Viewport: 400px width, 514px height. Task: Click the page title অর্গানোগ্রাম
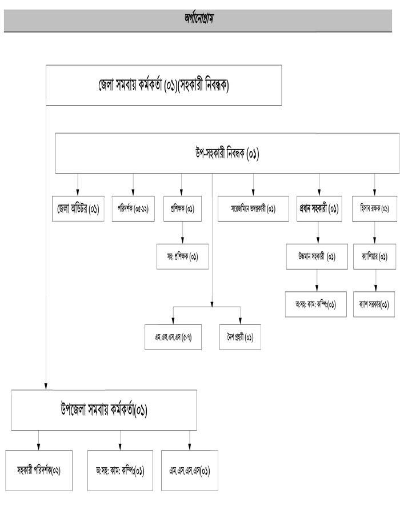199,18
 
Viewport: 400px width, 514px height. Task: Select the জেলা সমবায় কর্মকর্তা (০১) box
163,86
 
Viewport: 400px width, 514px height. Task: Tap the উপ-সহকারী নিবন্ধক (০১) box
227,153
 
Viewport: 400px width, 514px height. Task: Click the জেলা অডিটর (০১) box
78,209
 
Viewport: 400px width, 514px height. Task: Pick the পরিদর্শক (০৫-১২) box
133,209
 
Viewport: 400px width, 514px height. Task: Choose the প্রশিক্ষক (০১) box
182,209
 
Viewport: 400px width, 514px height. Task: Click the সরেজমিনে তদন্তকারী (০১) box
254,209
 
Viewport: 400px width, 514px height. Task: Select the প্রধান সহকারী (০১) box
319,209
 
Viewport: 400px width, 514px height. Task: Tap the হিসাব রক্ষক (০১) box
375,209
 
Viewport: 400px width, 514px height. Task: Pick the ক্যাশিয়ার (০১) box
375,256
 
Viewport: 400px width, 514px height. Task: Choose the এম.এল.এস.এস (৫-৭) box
173,336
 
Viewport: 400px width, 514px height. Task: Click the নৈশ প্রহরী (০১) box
240,336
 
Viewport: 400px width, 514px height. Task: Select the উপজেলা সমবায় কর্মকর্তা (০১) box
104,410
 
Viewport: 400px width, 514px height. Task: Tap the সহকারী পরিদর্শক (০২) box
39,471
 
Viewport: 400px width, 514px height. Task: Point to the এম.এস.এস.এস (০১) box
190,471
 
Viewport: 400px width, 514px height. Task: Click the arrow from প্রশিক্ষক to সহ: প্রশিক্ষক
182,231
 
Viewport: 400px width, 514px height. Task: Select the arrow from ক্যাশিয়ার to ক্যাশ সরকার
375,280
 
